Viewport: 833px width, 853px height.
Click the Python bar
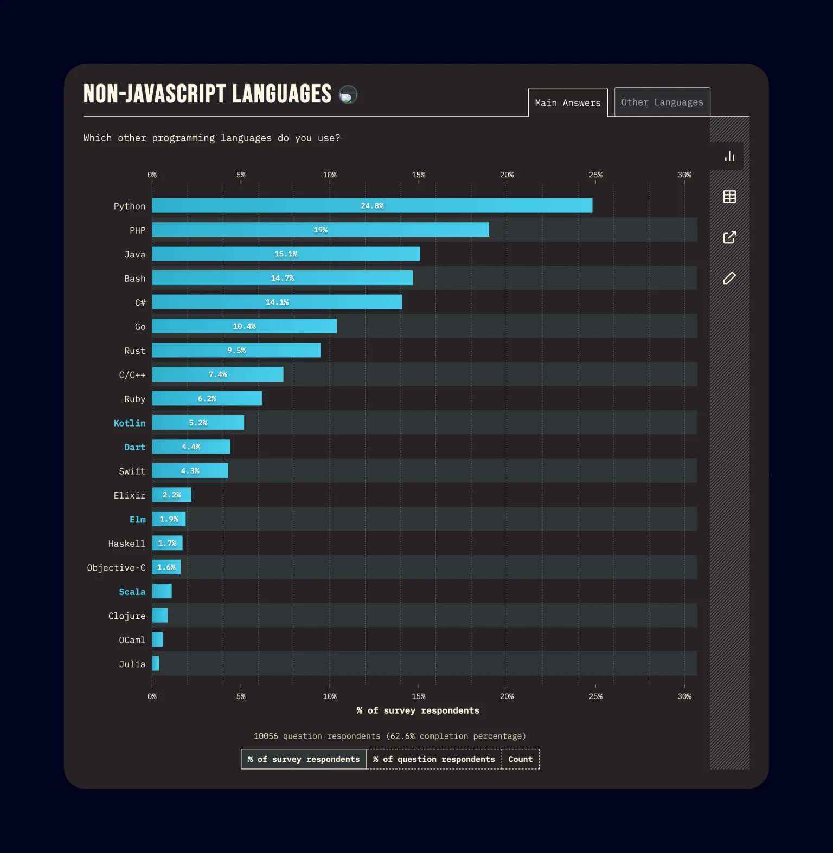(x=372, y=206)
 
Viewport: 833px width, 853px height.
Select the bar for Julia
(x=156, y=663)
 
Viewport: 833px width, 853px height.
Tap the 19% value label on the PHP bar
(x=321, y=230)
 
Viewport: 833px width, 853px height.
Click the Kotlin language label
(x=130, y=423)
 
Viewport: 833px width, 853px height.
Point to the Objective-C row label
(x=116, y=567)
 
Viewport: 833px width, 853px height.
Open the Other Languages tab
(x=662, y=102)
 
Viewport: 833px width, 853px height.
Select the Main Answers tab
(x=568, y=103)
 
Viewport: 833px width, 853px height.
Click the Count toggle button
(x=520, y=759)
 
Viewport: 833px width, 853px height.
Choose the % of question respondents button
(x=434, y=759)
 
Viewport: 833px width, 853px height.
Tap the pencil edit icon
(x=729, y=278)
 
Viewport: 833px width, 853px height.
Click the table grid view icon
(x=729, y=197)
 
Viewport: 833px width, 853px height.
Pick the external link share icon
(x=729, y=237)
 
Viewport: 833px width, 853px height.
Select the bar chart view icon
(x=729, y=157)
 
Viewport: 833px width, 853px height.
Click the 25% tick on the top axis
(x=595, y=175)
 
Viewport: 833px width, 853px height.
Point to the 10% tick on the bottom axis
(x=330, y=696)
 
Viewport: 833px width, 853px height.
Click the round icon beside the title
(x=348, y=95)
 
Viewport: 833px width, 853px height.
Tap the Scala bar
(x=162, y=591)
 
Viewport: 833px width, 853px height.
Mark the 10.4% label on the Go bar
(x=244, y=326)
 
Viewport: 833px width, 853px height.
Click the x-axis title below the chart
(x=418, y=710)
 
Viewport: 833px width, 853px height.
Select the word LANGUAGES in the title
(x=281, y=94)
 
